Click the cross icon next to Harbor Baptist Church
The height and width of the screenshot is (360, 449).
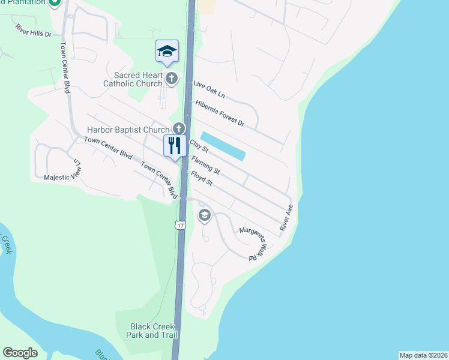point(178,128)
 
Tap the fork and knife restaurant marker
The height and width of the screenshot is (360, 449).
point(175,146)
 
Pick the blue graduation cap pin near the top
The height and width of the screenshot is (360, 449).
point(167,52)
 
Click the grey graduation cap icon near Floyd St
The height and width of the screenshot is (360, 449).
point(205,215)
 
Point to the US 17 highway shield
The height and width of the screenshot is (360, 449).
point(179,225)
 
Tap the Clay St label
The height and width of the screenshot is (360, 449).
point(199,146)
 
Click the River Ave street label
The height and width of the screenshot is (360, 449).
point(286,218)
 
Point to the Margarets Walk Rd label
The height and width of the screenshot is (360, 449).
point(253,242)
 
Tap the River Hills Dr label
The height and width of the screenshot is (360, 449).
point(34,31)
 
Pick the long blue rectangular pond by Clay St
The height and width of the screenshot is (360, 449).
point(223,146)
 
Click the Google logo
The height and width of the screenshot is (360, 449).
point(20,353)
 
